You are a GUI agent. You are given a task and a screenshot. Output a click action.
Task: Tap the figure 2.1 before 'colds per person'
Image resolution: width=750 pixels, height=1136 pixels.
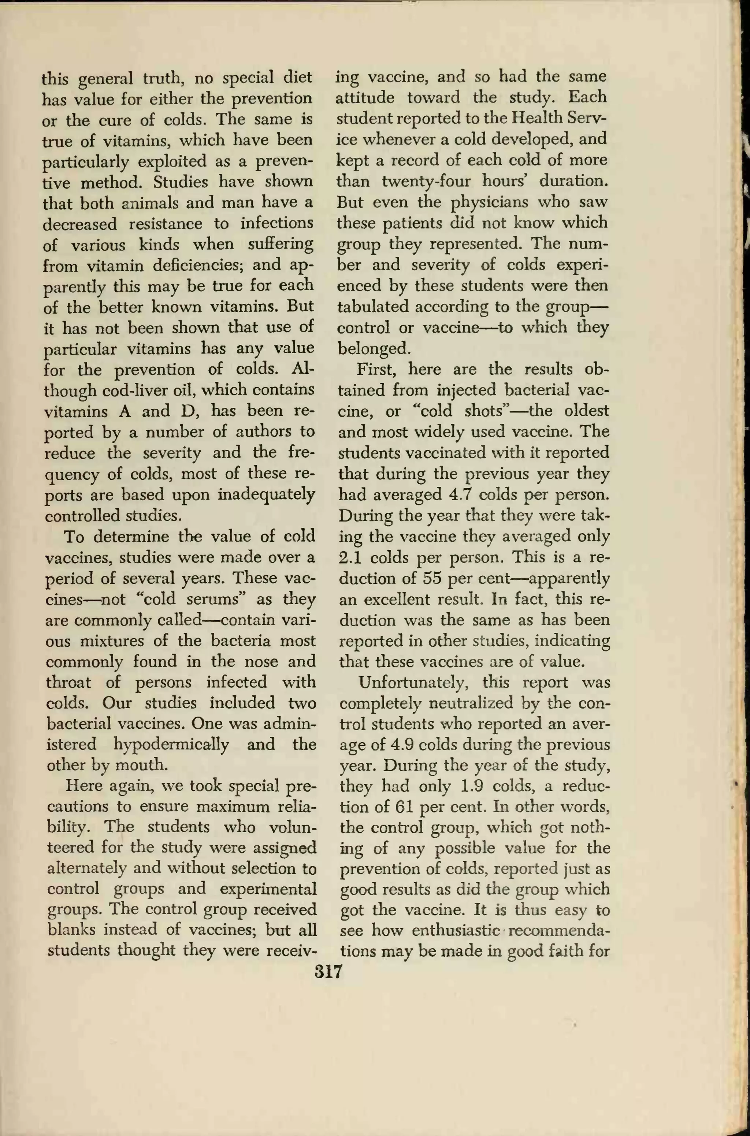(350, 557)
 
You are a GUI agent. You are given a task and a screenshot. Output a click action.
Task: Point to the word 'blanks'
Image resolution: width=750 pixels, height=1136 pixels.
(71, 930)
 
